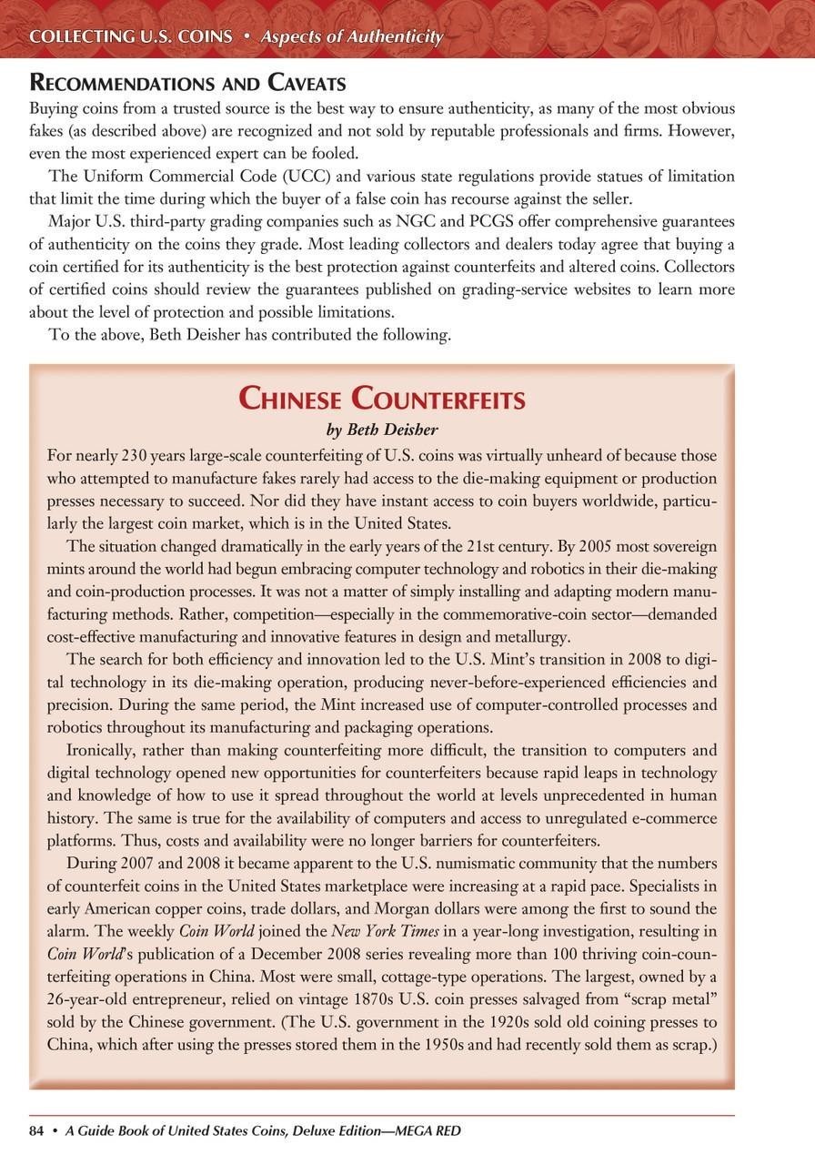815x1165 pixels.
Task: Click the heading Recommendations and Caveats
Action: pyautogui.click(x=187, y=84)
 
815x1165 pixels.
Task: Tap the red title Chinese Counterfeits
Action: pyautogui.click(x=381, y=399)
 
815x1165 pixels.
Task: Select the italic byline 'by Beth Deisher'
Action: pyautogui.click(x=381, y=429)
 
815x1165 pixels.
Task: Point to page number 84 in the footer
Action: pyautogui.click(x=37, y=1130)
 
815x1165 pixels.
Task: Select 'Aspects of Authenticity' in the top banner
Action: pyautogui.click(x=352, y=37)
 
